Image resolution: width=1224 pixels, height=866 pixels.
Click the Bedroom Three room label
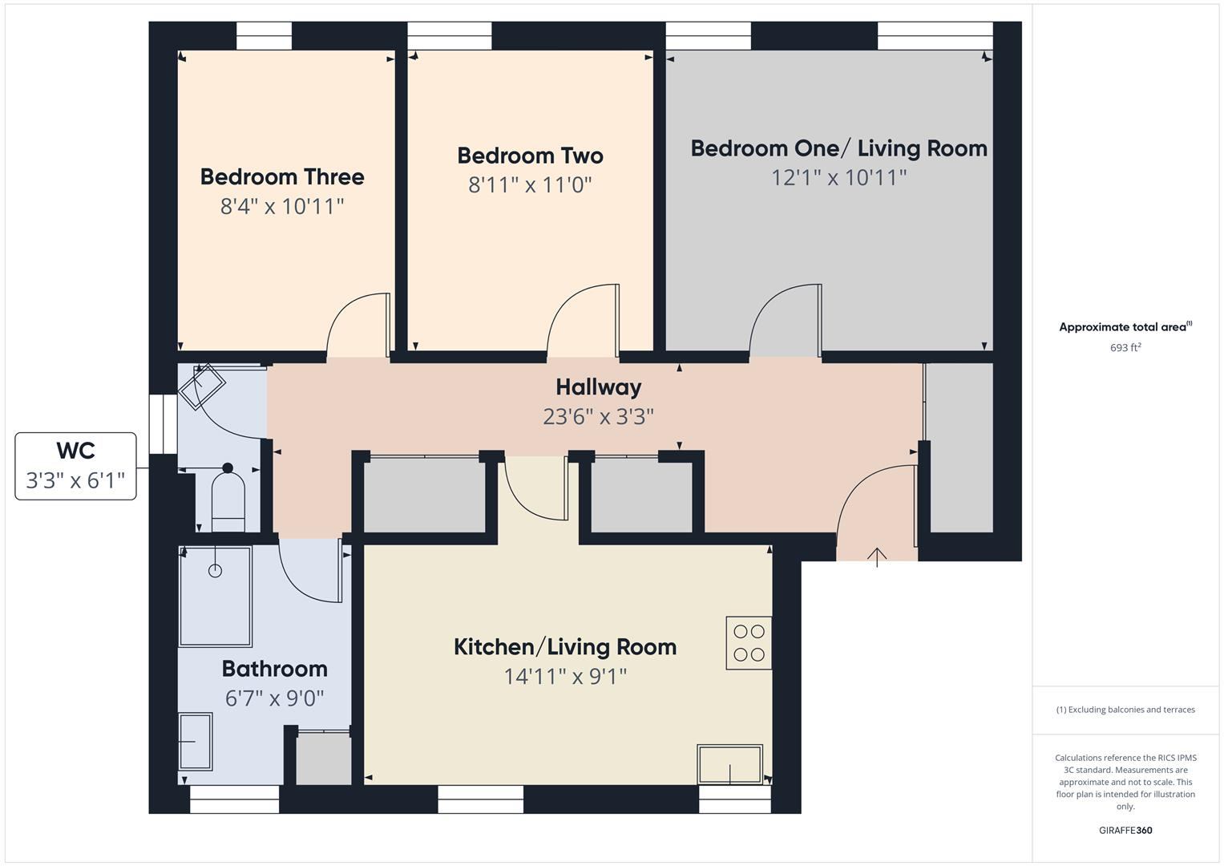282,176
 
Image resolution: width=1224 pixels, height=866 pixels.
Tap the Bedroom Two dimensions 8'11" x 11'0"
530,185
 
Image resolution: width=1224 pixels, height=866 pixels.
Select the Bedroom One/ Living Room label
838,148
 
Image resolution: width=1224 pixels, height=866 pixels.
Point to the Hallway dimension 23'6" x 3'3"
598,417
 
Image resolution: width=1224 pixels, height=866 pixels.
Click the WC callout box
75,466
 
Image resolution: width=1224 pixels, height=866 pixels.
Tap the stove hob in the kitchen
749,642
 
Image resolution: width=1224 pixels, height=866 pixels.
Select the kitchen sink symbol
729,764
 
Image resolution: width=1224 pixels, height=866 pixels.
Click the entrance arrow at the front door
877,556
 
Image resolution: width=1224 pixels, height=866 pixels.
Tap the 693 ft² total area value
1125,347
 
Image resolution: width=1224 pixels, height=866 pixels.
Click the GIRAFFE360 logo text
1125,830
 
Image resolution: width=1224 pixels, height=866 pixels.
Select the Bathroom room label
274,669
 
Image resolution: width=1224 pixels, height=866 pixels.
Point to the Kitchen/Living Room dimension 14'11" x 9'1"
565,677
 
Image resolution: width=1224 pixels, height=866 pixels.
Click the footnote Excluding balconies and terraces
1125,710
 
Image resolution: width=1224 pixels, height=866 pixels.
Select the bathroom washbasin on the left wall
195,742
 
